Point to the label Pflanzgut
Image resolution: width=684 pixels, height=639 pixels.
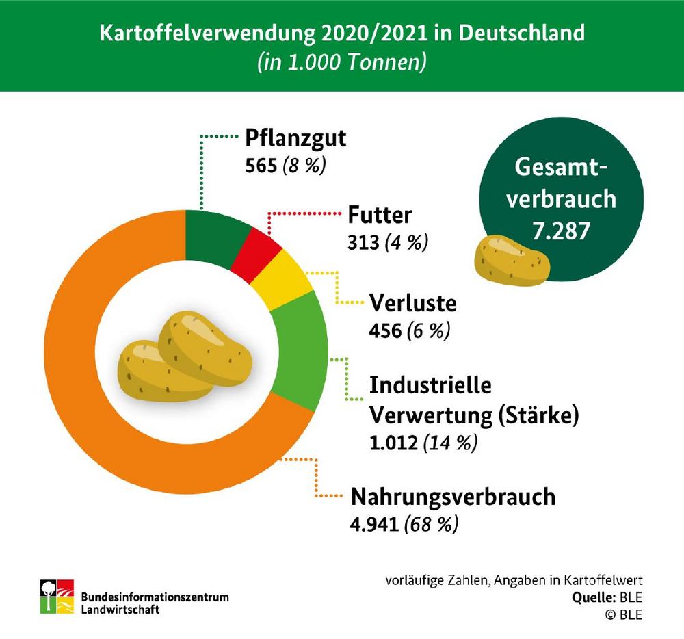pyautogui.click(x=296, y=139)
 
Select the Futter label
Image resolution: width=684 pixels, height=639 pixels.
pyautogui.click(x=380, y=216)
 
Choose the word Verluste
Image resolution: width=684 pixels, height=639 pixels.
pyautogui.click(x=412, y=303)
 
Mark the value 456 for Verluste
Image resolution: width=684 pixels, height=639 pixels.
pyautogui.click(x=384, y=330)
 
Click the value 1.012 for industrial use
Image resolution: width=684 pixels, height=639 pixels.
pyautogui.click(x=393, y=443)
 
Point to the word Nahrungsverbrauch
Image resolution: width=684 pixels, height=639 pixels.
pyautogui.click(x=452, y=497)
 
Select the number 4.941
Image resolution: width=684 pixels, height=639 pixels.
pyautogui.click(x=374, y=525)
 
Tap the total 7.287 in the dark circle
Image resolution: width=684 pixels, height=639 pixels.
pyautogui.click(x=560, y=231)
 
